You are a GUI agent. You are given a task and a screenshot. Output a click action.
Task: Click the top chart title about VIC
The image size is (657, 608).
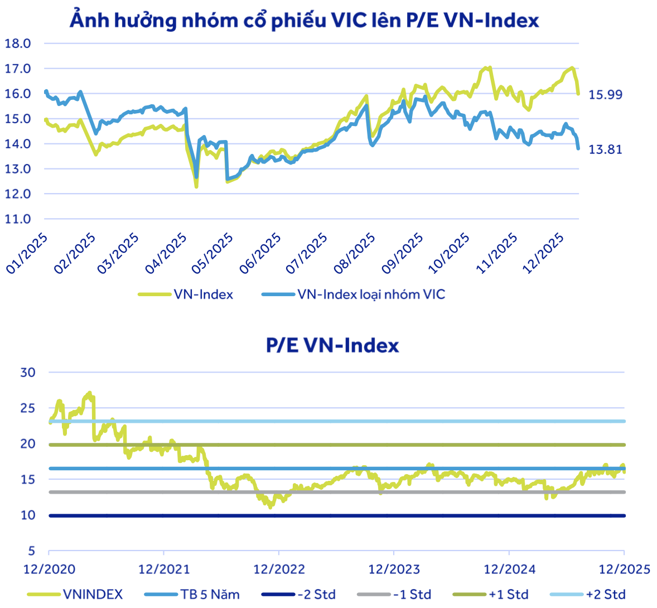point(305,20)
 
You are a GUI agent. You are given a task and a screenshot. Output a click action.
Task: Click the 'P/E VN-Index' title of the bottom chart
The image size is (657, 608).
point(332,345)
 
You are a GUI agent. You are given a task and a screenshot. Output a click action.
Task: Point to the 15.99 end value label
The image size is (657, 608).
point(605,94)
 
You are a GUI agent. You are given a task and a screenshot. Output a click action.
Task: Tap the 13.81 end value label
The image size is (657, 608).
point(605,149)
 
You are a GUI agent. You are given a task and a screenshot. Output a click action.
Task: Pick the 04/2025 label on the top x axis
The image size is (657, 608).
point(165,254)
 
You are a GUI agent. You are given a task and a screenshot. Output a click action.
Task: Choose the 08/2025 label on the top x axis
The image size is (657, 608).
point(354,254)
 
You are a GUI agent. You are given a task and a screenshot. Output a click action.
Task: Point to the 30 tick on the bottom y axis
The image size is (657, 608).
point(28,373)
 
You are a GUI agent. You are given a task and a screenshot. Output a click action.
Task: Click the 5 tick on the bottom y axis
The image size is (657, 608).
point(31,551)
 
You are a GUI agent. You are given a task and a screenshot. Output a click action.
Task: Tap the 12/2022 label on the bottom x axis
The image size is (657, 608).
point(279,570)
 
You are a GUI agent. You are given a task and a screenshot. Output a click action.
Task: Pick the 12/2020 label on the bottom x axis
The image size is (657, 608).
point(49,570)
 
